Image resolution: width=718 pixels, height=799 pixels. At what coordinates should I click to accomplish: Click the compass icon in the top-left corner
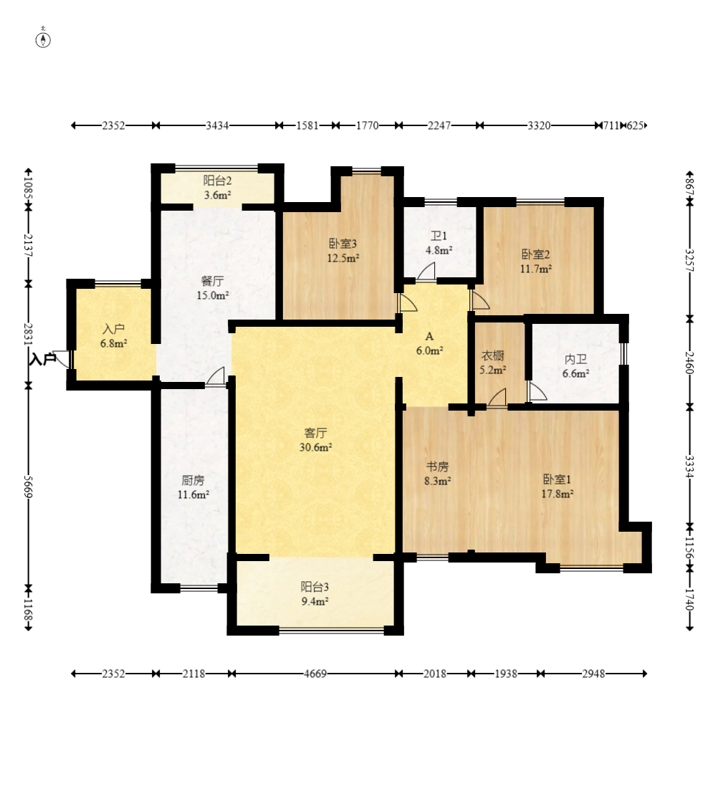(43, 39)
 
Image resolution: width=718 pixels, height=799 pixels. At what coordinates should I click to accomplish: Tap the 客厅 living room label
(315, 433)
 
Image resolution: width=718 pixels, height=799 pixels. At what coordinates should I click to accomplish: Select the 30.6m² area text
(315, 448)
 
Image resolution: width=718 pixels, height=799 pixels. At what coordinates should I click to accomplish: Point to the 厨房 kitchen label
(193, 481)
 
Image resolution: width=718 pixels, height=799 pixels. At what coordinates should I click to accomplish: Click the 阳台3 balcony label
(315, 587)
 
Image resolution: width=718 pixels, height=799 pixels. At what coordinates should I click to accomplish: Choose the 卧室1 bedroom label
(557, 479)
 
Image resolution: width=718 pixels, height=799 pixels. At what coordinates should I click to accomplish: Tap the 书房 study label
(437, 467)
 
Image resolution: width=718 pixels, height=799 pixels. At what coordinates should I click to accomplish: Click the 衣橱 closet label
(493, 355)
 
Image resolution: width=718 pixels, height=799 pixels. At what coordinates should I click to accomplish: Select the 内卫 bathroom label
(576, 359)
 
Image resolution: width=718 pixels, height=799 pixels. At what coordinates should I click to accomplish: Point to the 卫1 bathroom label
(439, 236)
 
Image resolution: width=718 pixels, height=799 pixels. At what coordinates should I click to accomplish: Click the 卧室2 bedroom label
(535, 254)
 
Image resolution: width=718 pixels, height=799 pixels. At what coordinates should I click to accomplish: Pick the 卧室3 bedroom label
(343, 244)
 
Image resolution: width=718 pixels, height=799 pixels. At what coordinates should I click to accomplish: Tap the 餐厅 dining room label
(213, 281)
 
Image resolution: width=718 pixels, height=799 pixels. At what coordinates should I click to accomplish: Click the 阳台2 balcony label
(218, 181)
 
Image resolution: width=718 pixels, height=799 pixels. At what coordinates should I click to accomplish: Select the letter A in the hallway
(429, 336)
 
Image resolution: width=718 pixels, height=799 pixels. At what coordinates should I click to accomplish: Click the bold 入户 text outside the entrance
(43, 359)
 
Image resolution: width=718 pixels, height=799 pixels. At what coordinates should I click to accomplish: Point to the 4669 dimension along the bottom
(315, 674)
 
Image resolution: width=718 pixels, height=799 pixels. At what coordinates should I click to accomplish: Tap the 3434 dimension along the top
(217, 125)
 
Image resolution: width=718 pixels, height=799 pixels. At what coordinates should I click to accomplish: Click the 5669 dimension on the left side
(29, 488)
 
